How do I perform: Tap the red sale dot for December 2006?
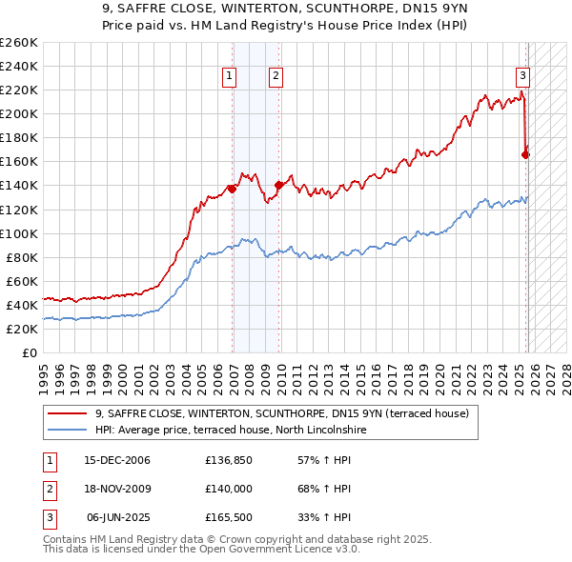232,189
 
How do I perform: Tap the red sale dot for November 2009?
278,185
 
